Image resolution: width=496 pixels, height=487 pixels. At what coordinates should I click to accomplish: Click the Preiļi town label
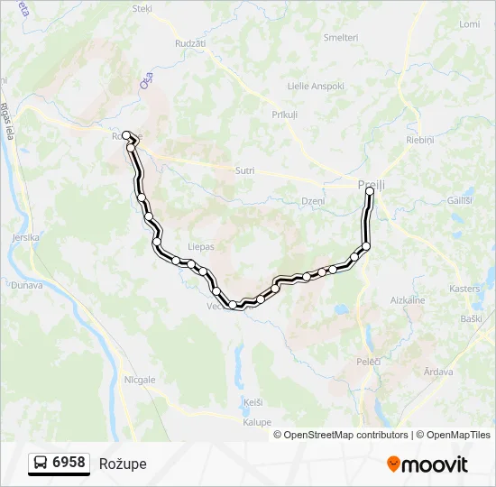tap(371, 184)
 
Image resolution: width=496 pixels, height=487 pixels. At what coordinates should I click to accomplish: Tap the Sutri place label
tap(244, 170)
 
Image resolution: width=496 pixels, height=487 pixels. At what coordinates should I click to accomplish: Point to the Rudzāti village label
tap(191, 42)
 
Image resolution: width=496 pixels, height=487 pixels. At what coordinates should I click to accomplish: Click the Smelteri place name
tap(341, 38)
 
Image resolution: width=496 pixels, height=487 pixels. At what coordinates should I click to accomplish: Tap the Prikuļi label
tap(285, 115)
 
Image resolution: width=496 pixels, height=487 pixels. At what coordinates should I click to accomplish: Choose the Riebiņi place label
tap(420, 140)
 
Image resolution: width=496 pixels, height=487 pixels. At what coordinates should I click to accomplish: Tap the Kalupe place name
tap(256, 421)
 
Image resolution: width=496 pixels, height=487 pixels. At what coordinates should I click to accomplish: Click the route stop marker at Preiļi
tap(370, 191)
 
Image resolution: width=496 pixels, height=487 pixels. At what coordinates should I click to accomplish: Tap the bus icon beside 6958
tap(41, 464)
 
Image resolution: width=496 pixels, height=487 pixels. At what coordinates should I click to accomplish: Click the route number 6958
tap(69, 464)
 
